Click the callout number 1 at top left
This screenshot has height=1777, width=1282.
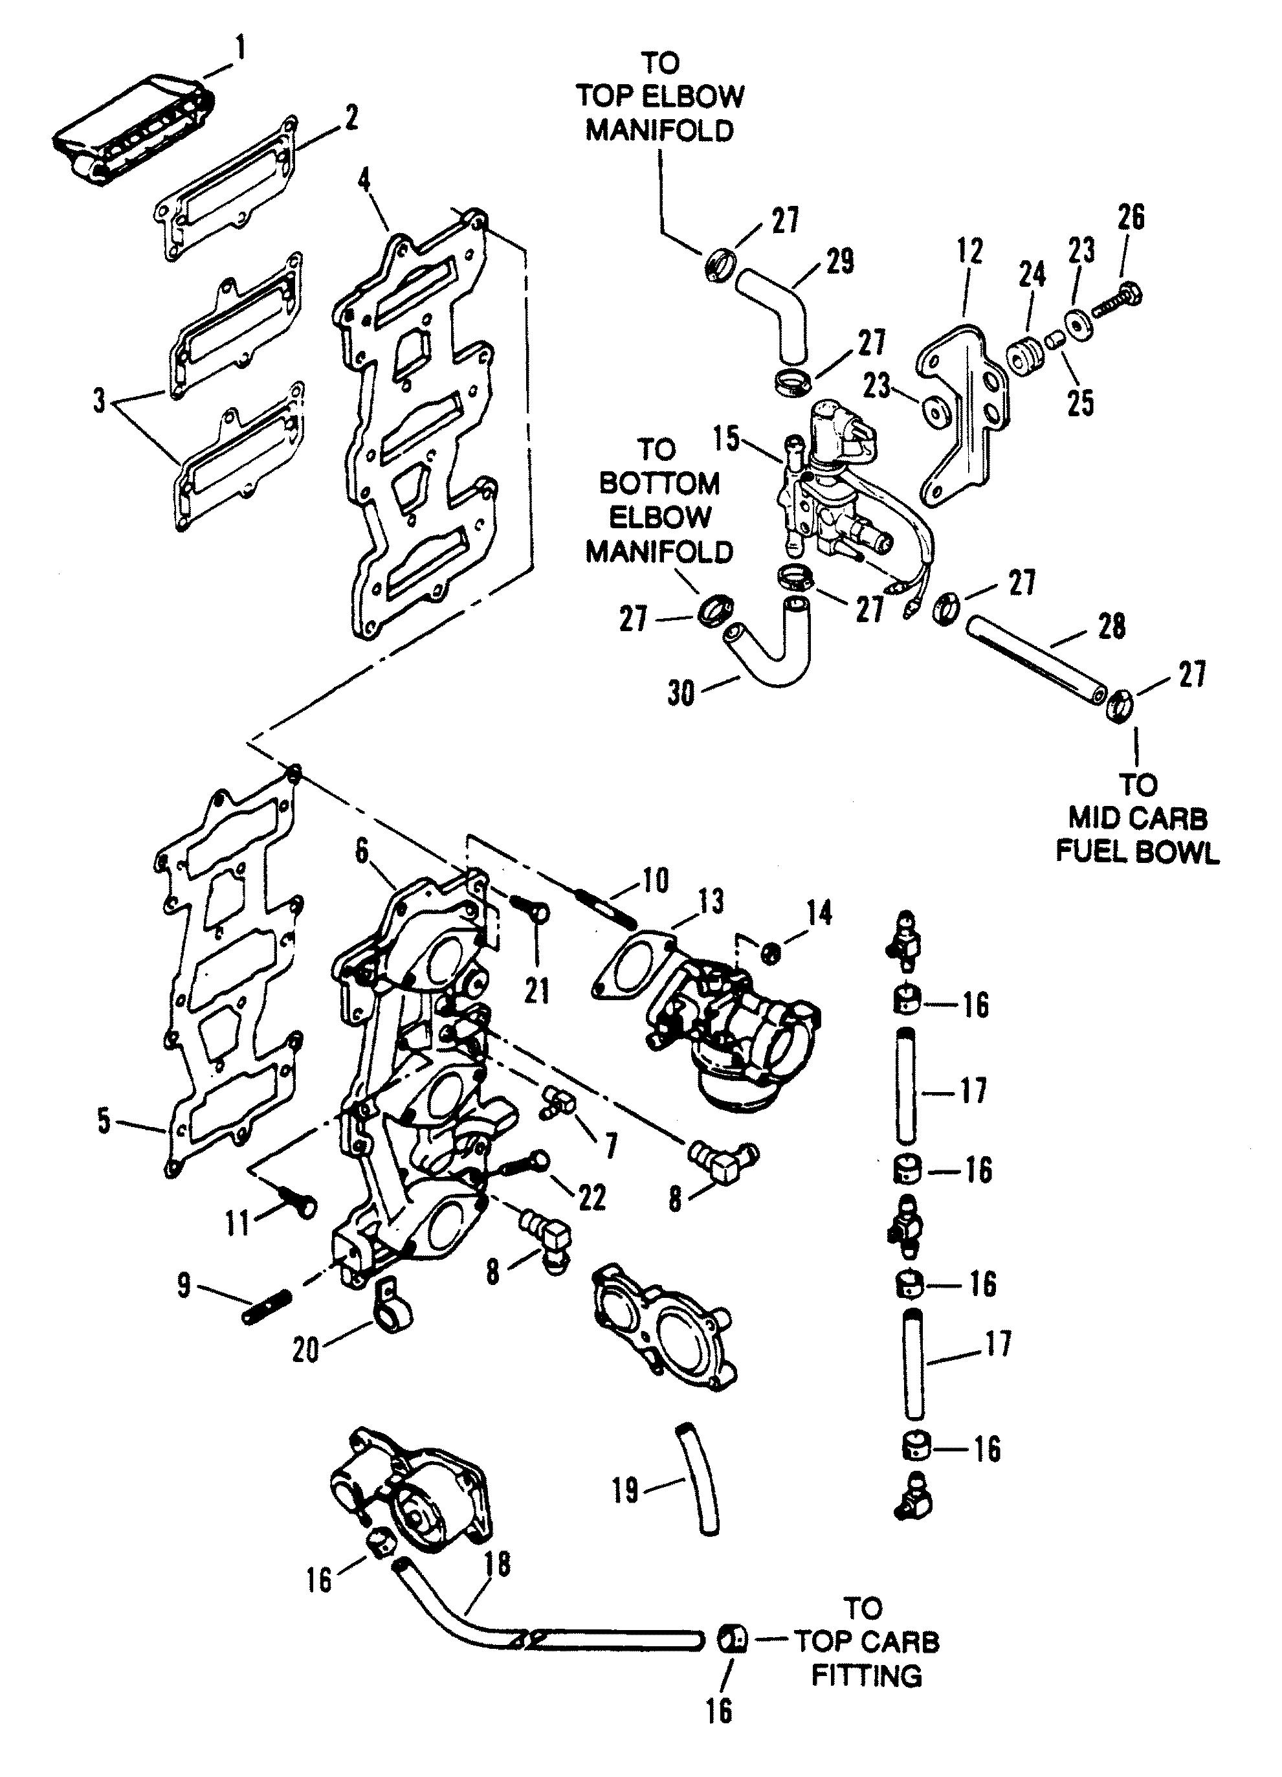coord(241,49)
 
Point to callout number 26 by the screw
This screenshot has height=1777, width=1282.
coord(1131,218)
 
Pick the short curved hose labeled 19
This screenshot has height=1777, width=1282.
coord(698,1482)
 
